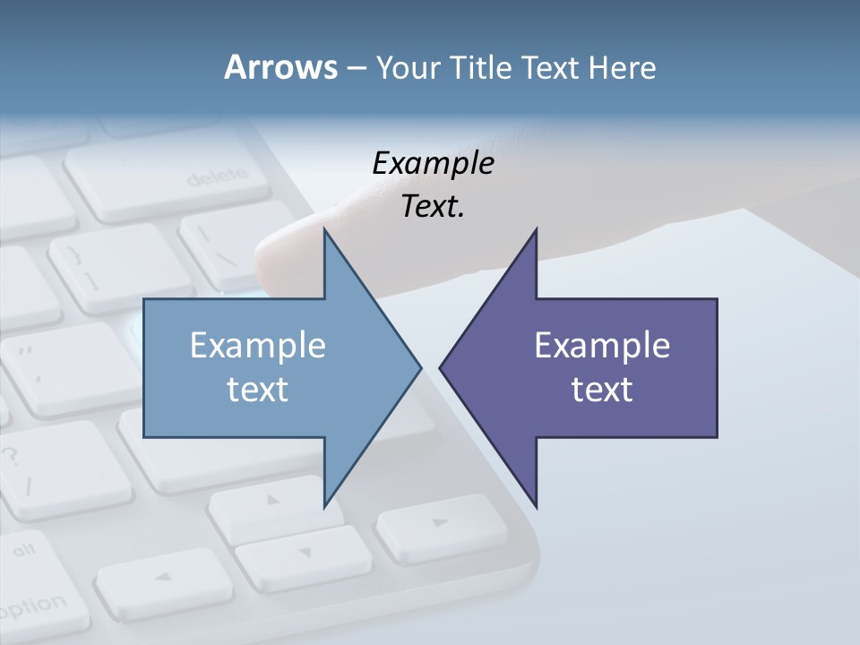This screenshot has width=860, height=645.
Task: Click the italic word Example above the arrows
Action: pyautogui.click(x=433, y=164)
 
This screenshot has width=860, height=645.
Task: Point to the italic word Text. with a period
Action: pyautogui.click(x=433, y=206)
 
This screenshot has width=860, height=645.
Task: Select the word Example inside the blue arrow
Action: pyautogui.click(x=257, y=345)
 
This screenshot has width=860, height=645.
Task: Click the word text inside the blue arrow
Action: pyautogui.click(x=257, y=389)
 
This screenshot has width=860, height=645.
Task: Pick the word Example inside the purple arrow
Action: pyautogui.click(x=602, y=345)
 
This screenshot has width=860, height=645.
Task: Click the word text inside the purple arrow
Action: pyautogui.click(x=602, y=389)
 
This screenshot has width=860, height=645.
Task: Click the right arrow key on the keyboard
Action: pyautogui.click(x=439, y=525)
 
